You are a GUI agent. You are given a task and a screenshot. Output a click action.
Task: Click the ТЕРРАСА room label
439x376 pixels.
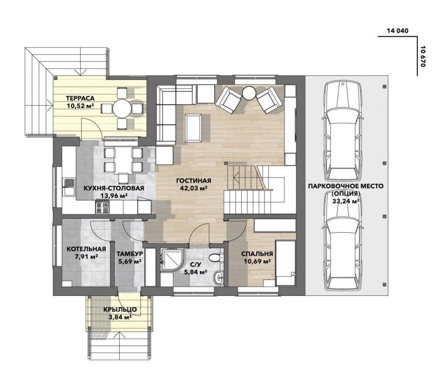[x=81, y=98]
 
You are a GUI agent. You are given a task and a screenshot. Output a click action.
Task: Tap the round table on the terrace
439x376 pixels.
[x=122, y=108]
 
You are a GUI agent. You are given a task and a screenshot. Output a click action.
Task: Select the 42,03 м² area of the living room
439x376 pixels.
[x=194, y=188]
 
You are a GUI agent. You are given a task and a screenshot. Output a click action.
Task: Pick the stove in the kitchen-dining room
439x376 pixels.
[x=102, y=207]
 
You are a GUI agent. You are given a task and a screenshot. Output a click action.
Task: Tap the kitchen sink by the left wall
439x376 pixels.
[x=69, y=187]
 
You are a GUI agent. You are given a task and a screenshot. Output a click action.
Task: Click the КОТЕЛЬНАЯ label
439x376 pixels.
[x=86, y=249]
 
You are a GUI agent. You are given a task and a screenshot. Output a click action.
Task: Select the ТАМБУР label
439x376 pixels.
[x=130, y=254]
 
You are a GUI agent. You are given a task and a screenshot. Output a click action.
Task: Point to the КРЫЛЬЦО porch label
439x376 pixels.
[x=120, y=309]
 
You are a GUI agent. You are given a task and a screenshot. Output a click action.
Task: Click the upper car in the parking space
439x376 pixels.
[x=342, y=132]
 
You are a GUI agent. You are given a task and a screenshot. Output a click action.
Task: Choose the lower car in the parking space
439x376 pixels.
[x=342, y=241]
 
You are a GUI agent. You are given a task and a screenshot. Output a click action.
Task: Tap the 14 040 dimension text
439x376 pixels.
[x=398, y=31]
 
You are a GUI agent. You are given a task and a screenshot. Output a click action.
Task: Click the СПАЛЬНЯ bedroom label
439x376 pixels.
[x=257, y=254]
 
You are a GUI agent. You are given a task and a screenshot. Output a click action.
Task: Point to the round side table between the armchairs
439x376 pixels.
[x=249, y=93]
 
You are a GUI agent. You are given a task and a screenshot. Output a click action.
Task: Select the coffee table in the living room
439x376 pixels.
[x=193, y=128]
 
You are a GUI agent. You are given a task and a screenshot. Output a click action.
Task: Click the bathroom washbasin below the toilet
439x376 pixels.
[x=219, y=278]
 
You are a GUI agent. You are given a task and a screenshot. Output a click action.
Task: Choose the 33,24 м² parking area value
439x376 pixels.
[x=346, y=201]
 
